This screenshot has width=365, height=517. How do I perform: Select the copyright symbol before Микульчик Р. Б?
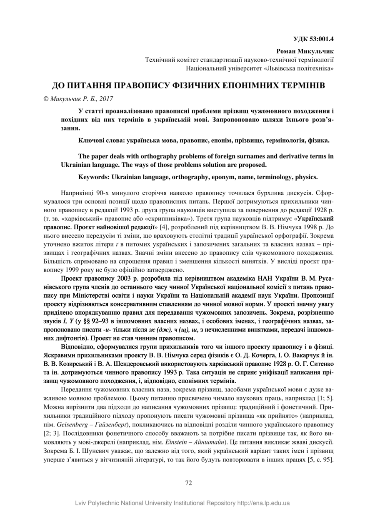(46, 99)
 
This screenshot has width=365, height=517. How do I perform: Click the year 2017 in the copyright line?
(106, 99)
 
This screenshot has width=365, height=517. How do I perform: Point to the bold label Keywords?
(94, 177)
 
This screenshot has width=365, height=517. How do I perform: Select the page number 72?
(188, 483)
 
